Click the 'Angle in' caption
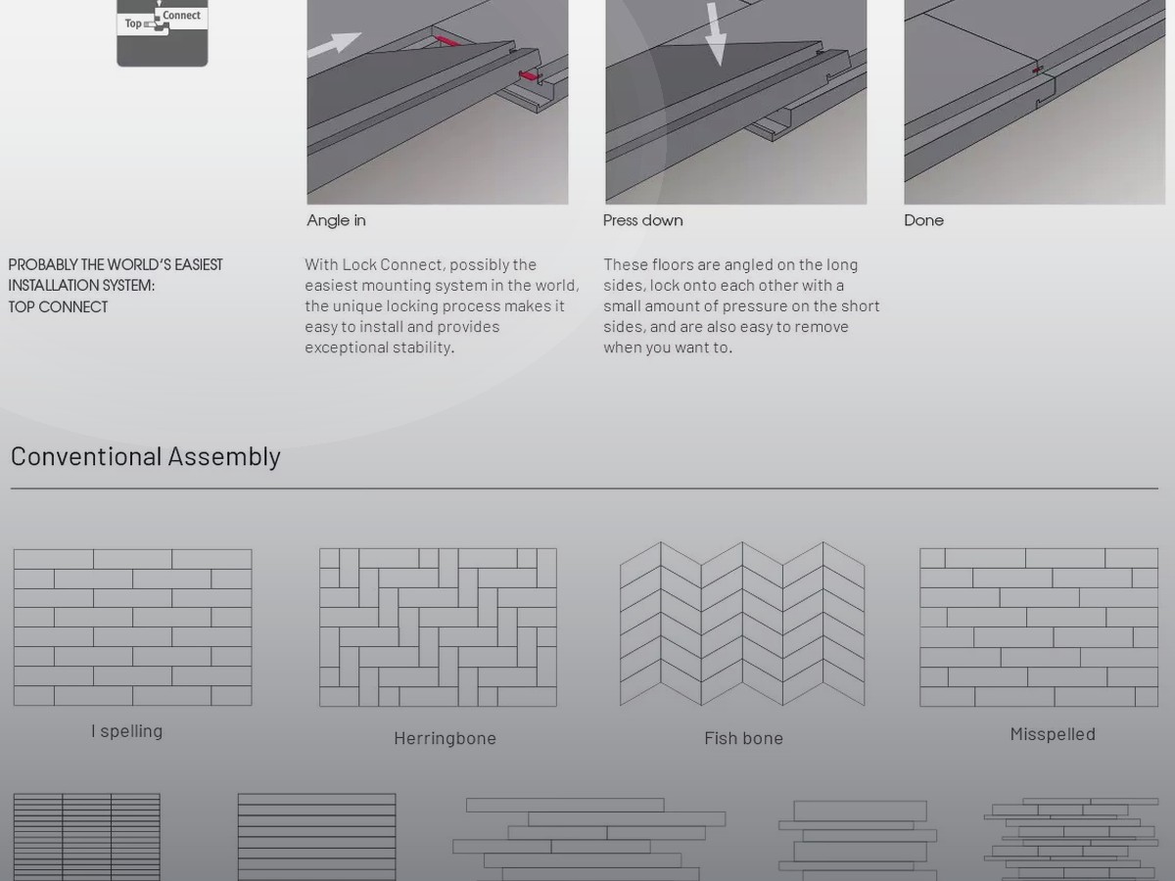click(336, 220)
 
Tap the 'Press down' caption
click(643, 220)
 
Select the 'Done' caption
click(923, 220)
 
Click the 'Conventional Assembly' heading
click(146, 457)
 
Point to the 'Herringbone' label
click(445, 738)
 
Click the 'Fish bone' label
click(743, 738)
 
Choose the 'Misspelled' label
click(1053, 734)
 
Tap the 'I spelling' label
click(127, 731)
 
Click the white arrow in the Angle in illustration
click(335, 44)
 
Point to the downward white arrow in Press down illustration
click(716, 33)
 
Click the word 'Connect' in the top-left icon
click(181, 16)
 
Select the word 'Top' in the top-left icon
click(133, 23)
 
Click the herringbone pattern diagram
click(438, 627)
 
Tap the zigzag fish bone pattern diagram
click(742, 624)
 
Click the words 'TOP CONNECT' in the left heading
click(58, 307)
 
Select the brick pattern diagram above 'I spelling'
click(133, 627)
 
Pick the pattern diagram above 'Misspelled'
click(1039, 627)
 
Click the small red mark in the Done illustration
click(1037, 70)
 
